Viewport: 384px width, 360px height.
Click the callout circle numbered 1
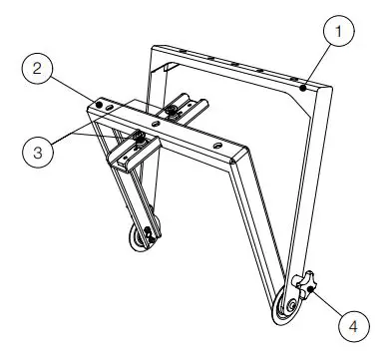click(342, 31)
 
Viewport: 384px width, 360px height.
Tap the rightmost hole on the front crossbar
click(210, 146)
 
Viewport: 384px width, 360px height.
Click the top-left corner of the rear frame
click(152, 46)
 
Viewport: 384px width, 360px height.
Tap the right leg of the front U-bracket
click(253, 229)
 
